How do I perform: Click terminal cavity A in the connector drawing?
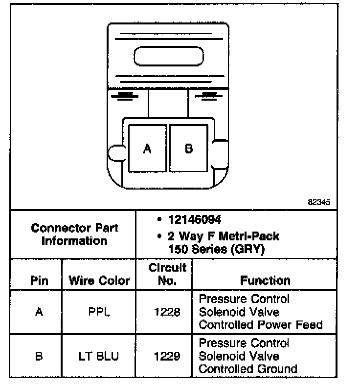pyautogui.click(x=147, y=149)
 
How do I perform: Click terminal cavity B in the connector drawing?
pyautogui.click(x=188, y=149)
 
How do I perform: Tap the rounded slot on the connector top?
pyautogui.click(x=168, y=57)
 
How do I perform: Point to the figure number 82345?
pyautogui.click(x=319, y=201)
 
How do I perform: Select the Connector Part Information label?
pyautogui.click(x=74, y=235)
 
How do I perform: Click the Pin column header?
pyautogui.click(x=39, y=281)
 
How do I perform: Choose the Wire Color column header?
pyautogui.click(x=99, y=281)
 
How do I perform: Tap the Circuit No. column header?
pyautogui.click(x=167, y=274)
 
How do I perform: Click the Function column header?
pyautogui.click(x=265, y=280)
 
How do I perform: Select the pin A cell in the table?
pyautogui.click(x=39, y=312)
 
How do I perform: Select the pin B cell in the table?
pyautogui.click(x=39, y=356)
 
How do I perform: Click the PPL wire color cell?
pyautogui.click(x=99, y=312)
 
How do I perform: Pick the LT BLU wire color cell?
pyautogui.click(x=99, y=356)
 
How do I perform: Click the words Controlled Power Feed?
pyautogui.click(x=261, y=324)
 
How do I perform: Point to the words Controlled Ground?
pyautogui.click(x=248, y=369)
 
